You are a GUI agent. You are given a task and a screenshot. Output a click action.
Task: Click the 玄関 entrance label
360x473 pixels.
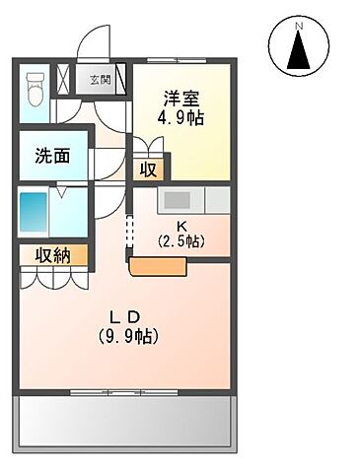pyautogui.click(x=101, y=80)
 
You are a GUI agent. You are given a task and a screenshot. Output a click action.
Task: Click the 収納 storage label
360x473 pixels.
pyautogui.click(x=54, y=256)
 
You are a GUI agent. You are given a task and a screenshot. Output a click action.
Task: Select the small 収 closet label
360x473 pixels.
pyautogui.click(x=148, y=169)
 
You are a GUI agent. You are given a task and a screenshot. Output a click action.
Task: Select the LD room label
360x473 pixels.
pyautogui.click(x=126, y=317)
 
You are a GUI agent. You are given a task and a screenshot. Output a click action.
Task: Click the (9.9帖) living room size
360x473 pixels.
pyautogui.click(x=127, y=336)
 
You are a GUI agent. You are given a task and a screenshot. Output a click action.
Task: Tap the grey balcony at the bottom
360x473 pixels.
pyautogui.click(x=125, y=421)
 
